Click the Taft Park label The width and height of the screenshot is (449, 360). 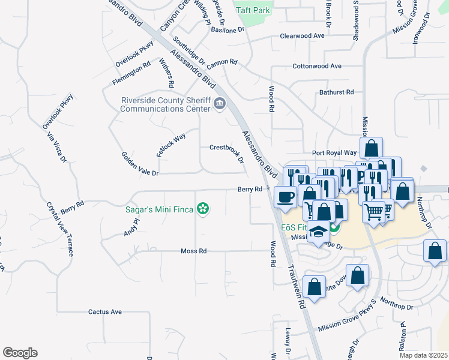(253, 10)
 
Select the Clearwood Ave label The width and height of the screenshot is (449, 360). (302, 36)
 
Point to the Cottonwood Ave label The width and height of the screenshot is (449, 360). (318, 66)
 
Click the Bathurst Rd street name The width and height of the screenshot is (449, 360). (336, 92)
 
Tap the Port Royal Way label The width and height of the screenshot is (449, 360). (334, 153)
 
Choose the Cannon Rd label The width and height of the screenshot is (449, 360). (223, 62)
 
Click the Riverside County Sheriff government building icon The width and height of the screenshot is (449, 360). (220, 105)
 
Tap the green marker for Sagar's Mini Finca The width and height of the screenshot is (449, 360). (203, 209)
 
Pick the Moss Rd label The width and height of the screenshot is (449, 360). (193, 251)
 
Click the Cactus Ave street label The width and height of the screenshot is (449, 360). (105, 312)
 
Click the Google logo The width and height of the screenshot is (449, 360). (20, 353)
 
